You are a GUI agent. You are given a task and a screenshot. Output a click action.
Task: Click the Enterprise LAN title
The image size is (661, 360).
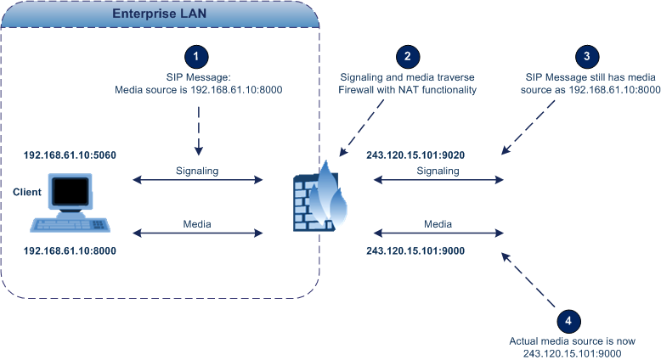coord(160,14)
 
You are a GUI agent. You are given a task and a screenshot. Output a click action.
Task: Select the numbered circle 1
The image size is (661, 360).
coord(197,56)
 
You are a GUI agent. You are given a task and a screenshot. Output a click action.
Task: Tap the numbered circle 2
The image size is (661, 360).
coord(408,56)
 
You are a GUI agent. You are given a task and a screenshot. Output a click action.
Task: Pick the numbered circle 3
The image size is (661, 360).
coord(585,56)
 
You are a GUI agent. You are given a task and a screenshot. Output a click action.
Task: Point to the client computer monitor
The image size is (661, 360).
coord(72,192)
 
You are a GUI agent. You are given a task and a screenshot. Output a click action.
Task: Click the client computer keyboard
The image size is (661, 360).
coord(72,224)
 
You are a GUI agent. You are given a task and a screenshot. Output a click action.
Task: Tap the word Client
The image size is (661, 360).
coord(27,193)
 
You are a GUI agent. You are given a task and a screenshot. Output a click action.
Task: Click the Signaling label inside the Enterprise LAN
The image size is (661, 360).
coord(197,171)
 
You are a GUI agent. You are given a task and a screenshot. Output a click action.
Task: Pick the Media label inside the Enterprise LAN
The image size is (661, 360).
coord(197,225)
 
